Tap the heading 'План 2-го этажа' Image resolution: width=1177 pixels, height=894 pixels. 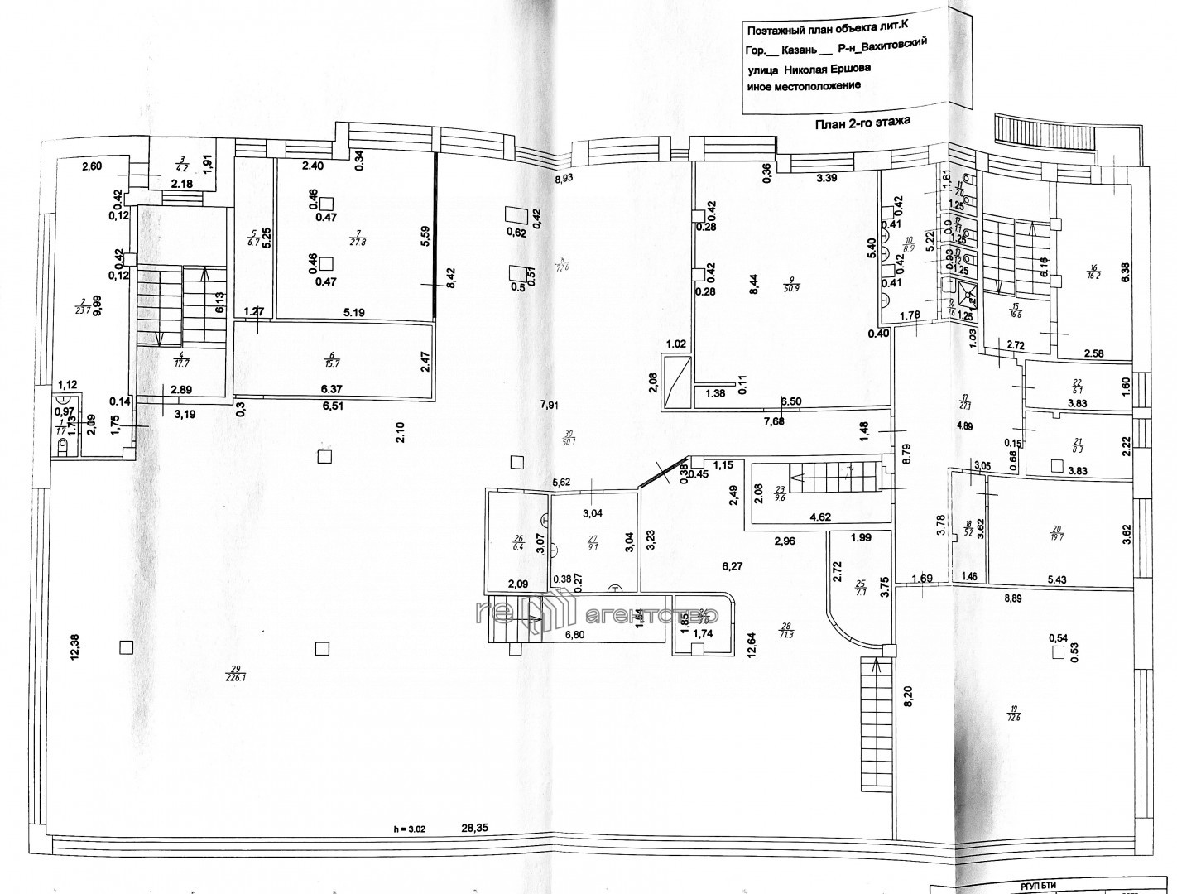click(862, 122)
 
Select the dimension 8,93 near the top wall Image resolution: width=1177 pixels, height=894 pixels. click(564, 177)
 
